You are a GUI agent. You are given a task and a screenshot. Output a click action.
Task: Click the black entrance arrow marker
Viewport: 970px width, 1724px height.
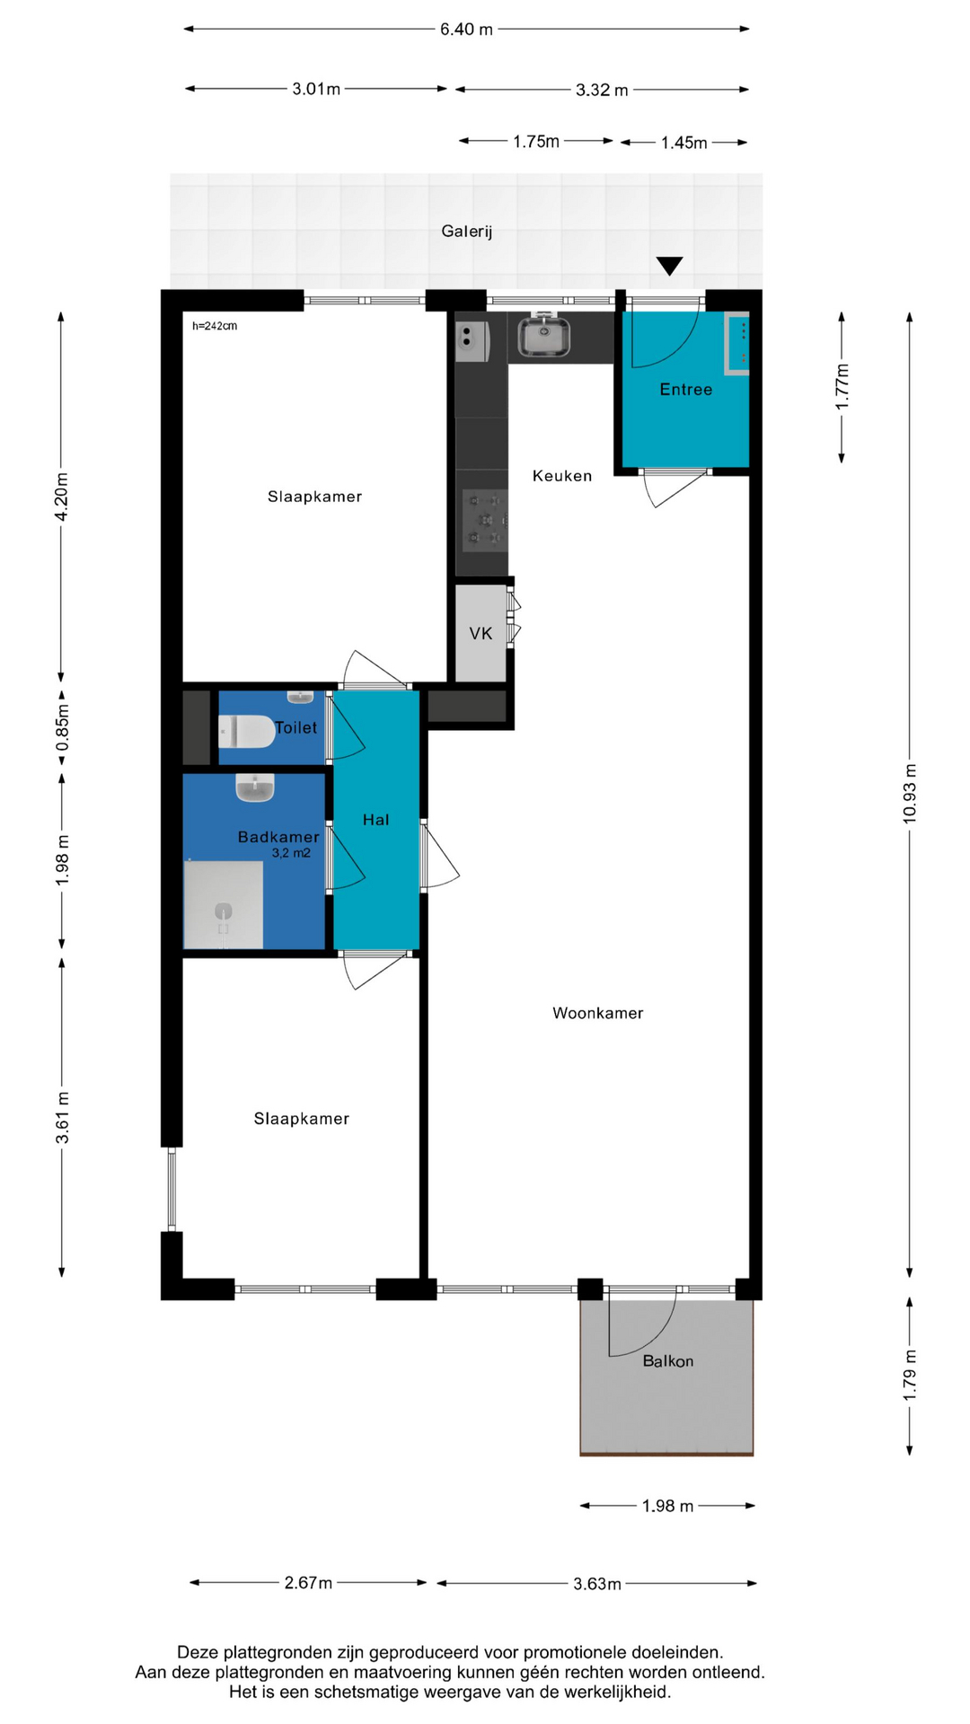pyautogui.click(x=669, y=266)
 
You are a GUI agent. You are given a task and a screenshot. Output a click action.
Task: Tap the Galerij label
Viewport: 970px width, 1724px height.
pyautogui.click(x=467, y=232)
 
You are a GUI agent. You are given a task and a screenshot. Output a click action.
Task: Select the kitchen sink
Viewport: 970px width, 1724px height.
pyautogui.click(x=543, y=336)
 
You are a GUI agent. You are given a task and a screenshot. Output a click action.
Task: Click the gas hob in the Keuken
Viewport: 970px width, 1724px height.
pyautogui.click(x=485, y=520)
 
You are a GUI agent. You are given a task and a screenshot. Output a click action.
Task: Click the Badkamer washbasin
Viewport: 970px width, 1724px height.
pyautogui.click(x=255, y=787)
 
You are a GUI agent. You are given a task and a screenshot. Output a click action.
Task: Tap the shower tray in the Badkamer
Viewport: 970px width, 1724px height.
pyautogui.click(x=224, y=904)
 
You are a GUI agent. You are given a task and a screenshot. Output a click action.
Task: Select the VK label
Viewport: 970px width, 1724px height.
pyautogui.click(x=481, y=634)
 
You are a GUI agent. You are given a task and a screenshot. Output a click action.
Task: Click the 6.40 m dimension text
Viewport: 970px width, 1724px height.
pyautogui.click(x=466, y=30)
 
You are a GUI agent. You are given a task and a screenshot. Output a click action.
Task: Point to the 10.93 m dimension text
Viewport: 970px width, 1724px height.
pyautogui.click(x=910, y=794)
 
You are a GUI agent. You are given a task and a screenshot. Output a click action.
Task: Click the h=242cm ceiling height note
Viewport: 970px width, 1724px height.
pyautogui.click(x=215, y=326)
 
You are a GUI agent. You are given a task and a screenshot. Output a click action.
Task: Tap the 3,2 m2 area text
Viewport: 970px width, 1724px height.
pyautogui.click(x=291, y=853)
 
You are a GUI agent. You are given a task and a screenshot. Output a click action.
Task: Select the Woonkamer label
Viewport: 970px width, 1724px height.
pyautogui.click(x=598, y=1014)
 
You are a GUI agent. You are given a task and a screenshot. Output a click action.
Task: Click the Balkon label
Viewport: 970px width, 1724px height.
pyautogui.click(x=668, y=1361)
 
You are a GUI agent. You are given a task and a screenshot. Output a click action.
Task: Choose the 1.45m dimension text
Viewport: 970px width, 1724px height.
pyautogui.click(x=684, y=143)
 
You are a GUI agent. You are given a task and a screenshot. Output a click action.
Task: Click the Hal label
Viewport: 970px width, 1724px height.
pyautogui.click(x=376, y=820)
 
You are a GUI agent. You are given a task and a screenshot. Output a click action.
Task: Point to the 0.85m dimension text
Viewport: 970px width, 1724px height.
pyautogui.click(x=62, y=728)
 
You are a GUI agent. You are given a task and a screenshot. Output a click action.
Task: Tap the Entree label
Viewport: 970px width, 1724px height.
pyautogui.click(x=686, y=390)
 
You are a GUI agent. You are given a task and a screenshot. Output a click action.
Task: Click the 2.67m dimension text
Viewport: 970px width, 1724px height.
pyautogui.click(x=308, y=1583)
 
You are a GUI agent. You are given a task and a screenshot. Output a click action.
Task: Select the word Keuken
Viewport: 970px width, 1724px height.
pyautogui.click(x=562, y=476)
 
